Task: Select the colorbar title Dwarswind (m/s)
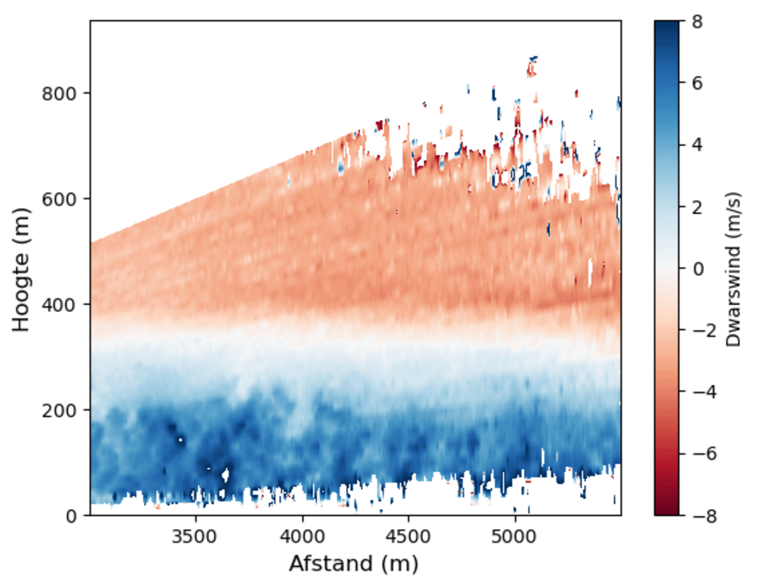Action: (x=734, y=269)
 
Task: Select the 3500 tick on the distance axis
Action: (x=195, y=535)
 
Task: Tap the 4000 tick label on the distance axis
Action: (x=302, y=535)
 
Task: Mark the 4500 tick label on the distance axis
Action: (x=409, y=535)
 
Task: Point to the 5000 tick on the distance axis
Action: (x=514, y=535)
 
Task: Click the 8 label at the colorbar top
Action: (x=697, y=22)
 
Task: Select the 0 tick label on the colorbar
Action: (x=697, y=269)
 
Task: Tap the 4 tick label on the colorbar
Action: (x=697, y=145)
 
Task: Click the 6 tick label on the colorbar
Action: (x=697, y=83)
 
